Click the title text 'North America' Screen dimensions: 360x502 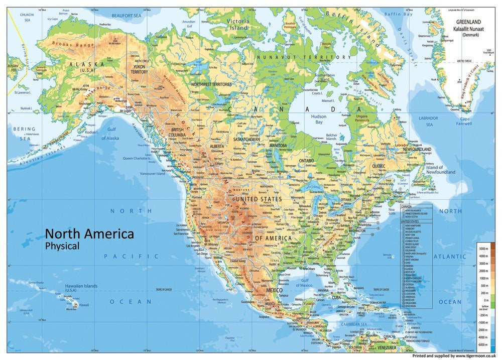tap(89, 233)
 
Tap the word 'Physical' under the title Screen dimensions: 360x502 tap(62, 246)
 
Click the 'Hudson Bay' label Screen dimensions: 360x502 tap(317, 119)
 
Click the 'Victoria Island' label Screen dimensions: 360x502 tap(238, 25)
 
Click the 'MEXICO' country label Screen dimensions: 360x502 tap(274, 290)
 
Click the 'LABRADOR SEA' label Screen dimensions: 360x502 tap(429, 121)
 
